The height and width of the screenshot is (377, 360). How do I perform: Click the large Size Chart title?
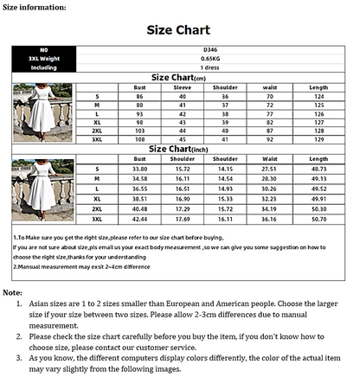(x=178, y=29)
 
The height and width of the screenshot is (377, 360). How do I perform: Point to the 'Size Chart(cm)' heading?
(x=178, y=77)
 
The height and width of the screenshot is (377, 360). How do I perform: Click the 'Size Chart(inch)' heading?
(x=178, y=149)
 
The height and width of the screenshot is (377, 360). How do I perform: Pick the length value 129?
(x=318, y=138)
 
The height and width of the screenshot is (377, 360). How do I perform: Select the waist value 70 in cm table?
(x=269, y=95)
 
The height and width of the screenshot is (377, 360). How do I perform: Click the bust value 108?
(x=138, y=138)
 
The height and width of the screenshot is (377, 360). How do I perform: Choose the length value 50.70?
(x=318, y=220)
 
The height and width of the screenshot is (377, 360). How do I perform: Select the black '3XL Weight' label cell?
(x=42, y=58)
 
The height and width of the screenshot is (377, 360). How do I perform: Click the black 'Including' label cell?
(x=42, y=67)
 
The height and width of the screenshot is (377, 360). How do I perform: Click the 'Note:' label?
(x=12, y=294)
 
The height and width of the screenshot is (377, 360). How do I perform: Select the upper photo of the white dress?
(x=42, y=112)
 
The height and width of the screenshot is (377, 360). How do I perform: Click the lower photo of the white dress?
(x=42, y=190)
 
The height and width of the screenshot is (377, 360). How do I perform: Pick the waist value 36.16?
(x=269, y=220)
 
